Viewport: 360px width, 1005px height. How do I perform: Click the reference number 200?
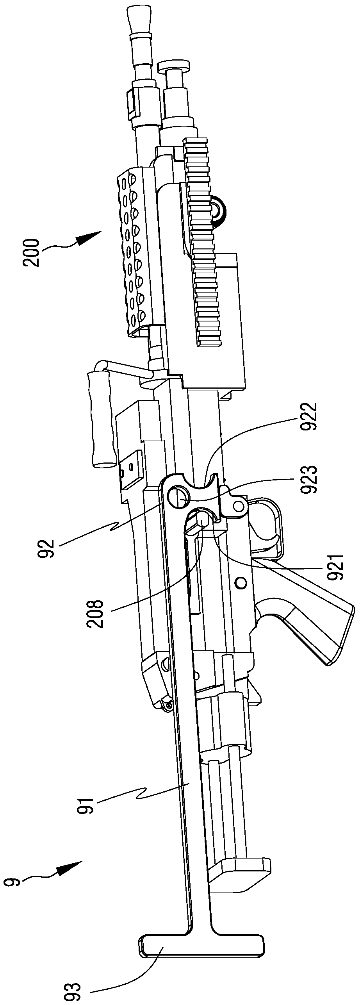click(x=32, y=253)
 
